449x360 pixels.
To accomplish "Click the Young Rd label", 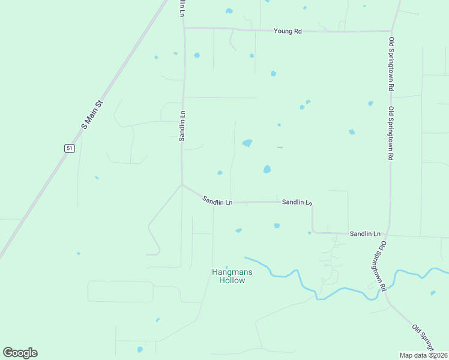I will coord(288,31).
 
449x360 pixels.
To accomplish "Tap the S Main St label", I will coord(92,115).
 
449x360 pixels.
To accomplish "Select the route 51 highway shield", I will coord(70,148).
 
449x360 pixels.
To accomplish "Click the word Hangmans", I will coord(232,272).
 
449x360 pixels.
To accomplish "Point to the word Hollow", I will coord(232,280).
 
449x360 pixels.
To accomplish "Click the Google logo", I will coord(20,353).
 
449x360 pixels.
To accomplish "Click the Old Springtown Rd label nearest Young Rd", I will coord(391,64).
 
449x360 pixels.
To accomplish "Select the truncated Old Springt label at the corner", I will coord(424,337).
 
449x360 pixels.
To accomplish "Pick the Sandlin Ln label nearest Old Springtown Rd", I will coord(366,233).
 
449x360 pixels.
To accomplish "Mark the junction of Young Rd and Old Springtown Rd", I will coord(391,31).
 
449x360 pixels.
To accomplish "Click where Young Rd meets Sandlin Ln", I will coord(184,28).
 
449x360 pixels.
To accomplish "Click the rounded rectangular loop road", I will coord(120,291).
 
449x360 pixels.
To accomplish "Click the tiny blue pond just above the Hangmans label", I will coord(226,267).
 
